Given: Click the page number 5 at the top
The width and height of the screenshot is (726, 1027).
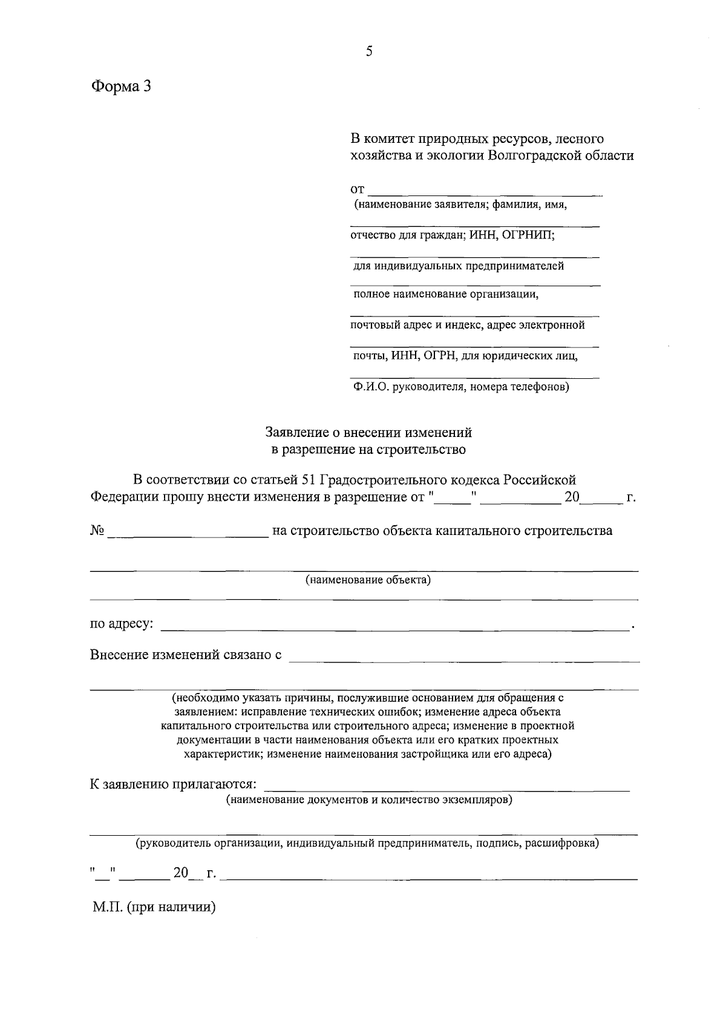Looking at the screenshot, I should [x=369, y=51].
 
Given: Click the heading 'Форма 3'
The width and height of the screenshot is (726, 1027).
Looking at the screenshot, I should [x=120, y=87].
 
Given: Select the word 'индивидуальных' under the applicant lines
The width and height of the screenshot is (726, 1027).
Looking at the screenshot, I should [x=417, y=266].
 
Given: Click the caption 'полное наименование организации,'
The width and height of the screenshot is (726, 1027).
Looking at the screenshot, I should [x=446, y=295].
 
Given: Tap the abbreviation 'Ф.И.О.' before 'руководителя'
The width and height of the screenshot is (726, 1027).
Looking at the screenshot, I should [x=371, y=387].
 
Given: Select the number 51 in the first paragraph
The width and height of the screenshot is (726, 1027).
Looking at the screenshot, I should [x=307, y=480].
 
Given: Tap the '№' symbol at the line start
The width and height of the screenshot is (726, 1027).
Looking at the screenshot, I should [x=97, y=531].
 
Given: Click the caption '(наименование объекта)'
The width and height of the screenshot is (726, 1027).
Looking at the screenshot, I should [x=368, y=580].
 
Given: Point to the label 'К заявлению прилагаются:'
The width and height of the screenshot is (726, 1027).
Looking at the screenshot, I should [x=173, y=784].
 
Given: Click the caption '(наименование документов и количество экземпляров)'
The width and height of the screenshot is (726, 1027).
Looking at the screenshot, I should [x=369, y=800].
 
